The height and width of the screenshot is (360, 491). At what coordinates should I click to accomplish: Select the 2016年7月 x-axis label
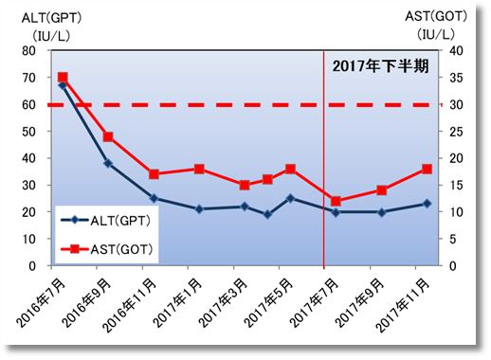coord(42,298)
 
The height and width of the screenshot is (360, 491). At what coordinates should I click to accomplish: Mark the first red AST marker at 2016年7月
coord(63,78)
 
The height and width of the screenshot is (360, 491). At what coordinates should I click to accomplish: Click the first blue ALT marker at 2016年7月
coord(63,85)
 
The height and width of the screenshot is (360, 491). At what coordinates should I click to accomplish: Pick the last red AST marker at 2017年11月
coord(427,169)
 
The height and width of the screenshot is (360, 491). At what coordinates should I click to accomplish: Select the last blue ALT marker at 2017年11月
coord(427,204)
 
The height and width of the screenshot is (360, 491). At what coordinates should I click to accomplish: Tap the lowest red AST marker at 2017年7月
coord(336,201)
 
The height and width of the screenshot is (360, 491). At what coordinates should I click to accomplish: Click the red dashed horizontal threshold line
coord(190,104)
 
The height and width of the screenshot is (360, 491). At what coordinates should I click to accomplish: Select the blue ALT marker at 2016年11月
coord(154,198)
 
